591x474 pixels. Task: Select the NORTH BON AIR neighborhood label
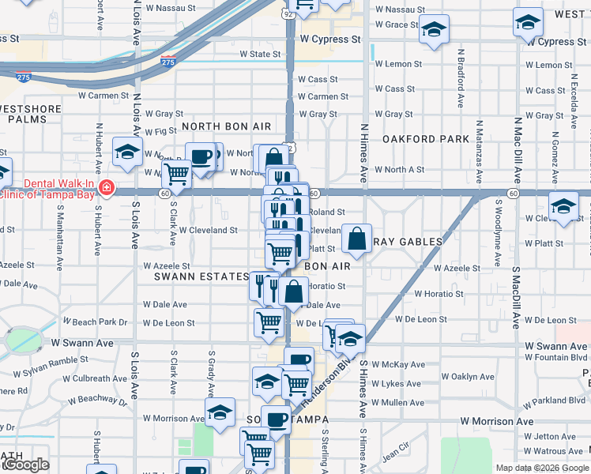[x=226, y=126]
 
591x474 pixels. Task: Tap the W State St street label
[x=260, y=55]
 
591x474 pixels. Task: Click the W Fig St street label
[x=160, y=131]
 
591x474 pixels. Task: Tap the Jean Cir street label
[x=396, y=456]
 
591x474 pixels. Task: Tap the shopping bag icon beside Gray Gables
[x=357, y=239]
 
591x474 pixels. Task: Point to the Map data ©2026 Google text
[x=541, y=468]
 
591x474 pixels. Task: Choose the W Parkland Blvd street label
[x=548, y=401]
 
